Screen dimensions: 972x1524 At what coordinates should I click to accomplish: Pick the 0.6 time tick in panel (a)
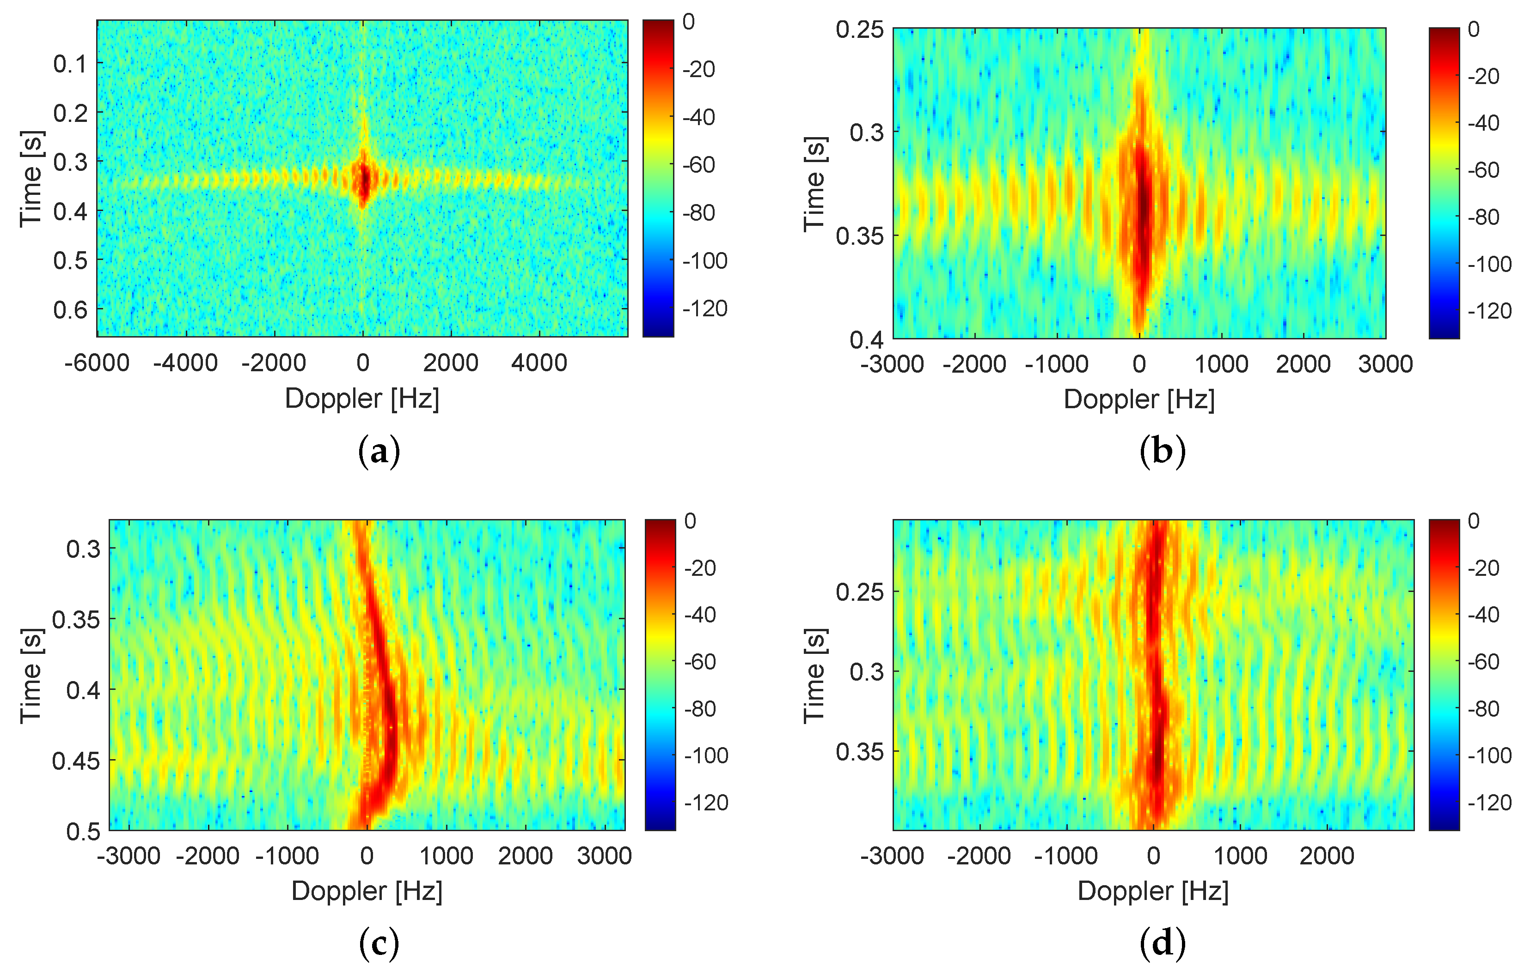70,310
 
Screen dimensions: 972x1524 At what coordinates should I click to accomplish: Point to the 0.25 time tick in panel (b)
859,29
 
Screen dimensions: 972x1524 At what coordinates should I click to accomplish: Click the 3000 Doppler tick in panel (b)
1385,364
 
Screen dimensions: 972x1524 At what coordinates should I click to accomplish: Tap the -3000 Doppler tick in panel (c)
129,856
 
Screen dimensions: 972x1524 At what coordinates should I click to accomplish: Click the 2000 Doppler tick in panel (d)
1327,856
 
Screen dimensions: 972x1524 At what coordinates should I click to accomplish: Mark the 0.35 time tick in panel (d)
859,752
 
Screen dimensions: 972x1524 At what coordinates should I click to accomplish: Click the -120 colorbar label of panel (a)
704,308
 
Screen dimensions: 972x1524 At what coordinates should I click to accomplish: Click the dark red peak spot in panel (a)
364,180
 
